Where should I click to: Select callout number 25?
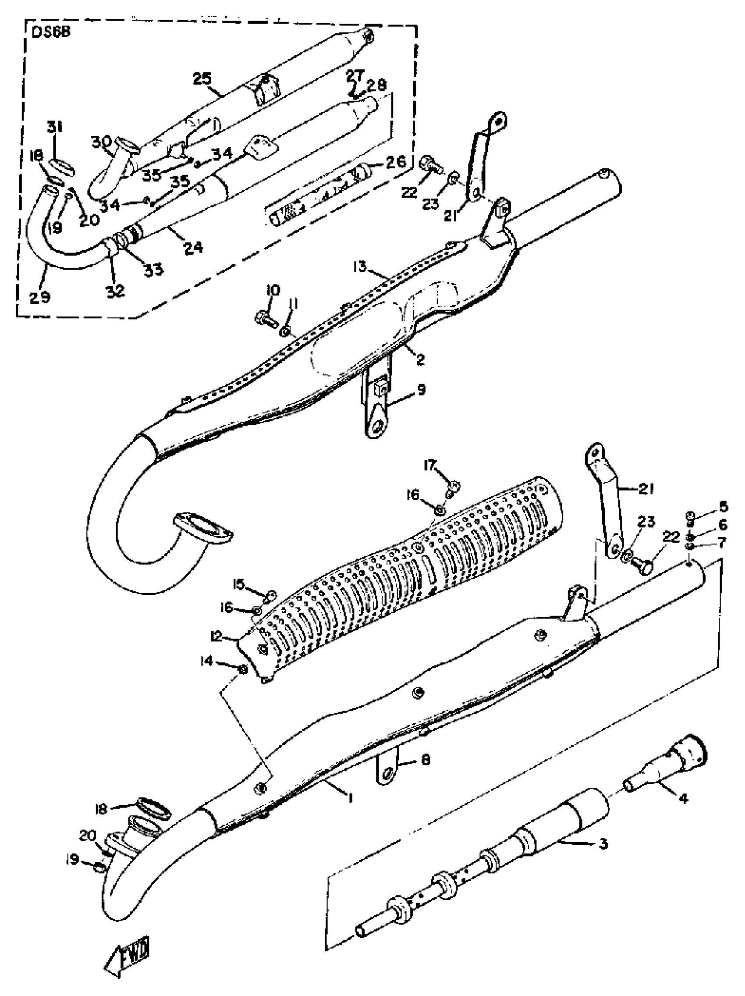point(202,79)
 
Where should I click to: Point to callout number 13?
point(360,267)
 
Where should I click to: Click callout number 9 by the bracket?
point(421,389)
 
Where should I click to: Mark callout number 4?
point(683,799)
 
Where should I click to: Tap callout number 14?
point(206,661)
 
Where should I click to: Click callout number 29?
point(39,297)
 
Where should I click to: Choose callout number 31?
point(55,128)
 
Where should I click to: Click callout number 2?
point(420,359)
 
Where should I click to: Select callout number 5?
point(724,507)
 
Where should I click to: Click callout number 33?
point(153,270)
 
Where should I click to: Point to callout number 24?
point(194,247)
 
